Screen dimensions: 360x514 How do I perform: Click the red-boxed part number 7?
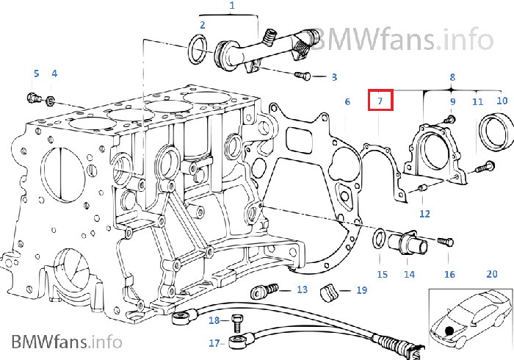tap(380, 100)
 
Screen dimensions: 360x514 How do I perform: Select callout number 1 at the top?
tap(232, 7)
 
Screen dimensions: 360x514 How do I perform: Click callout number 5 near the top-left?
tap(36, 73)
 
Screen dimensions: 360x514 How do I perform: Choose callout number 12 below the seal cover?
tap(424, 214)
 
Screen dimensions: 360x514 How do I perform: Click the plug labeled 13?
tap(262, 291)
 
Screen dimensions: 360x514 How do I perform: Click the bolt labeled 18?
tap(236, 321)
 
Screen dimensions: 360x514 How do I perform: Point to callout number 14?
tap(409, 275)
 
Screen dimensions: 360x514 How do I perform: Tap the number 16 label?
tap(449, 275)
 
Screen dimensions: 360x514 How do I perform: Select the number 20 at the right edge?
tap(492, 275)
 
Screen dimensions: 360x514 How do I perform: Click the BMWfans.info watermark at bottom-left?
tap(66, 342)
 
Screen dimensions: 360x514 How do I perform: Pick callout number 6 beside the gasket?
tap(347, 102)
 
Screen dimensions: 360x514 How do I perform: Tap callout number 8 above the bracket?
tap(452, 76)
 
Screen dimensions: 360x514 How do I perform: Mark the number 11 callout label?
tap(477, 102)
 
